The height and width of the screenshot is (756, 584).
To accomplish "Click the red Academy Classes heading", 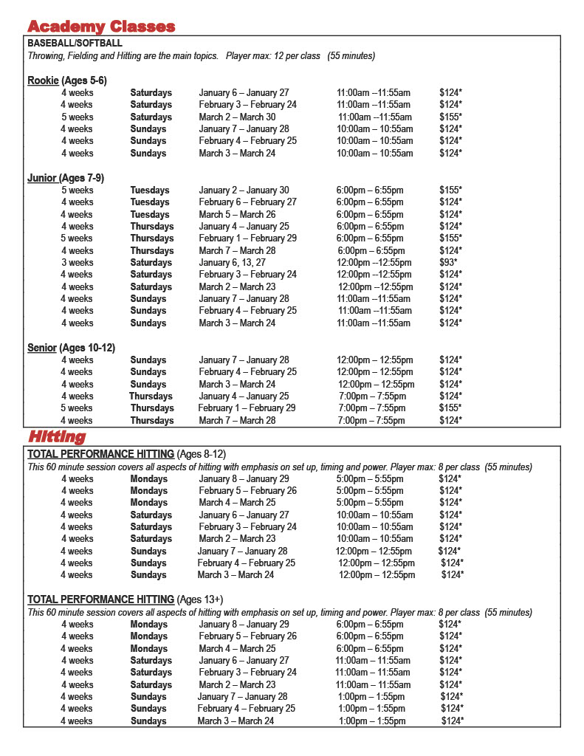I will click(101, 27).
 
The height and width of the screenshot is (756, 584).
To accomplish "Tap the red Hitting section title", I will click(57, 437).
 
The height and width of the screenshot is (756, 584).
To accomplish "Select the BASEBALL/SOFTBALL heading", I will click(75, 44).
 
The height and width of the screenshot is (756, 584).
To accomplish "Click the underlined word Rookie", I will click(43, 80).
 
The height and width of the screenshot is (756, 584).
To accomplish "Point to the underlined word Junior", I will click(42, 178).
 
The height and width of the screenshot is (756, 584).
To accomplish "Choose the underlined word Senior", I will click(42, 348).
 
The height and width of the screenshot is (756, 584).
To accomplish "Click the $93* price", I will click(448, 262).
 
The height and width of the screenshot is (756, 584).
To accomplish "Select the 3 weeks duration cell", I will click(77, 262).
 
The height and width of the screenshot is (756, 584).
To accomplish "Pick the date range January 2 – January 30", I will click(244, 190).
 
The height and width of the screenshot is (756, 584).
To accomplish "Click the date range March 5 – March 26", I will click(237, 214).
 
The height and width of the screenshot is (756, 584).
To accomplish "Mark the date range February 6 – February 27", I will click(247, 202).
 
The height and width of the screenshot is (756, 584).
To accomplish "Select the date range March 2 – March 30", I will click(237, 117).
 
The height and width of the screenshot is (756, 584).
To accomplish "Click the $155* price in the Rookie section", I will click(450, 117).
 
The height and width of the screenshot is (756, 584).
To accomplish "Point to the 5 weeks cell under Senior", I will click(77, 408).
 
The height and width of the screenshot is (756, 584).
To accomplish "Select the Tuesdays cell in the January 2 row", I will click(150, 190).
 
